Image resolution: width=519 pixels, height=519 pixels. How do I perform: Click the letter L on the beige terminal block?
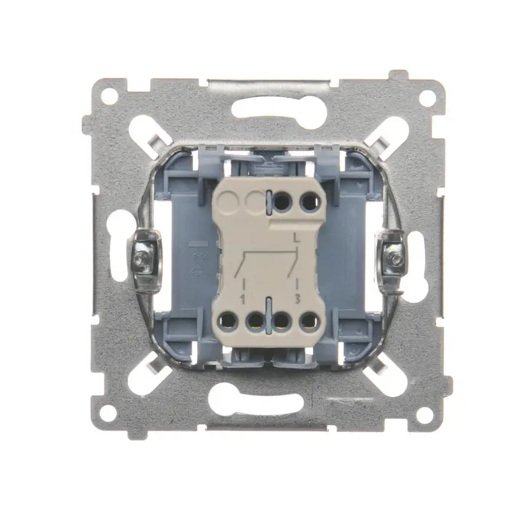(297, 239)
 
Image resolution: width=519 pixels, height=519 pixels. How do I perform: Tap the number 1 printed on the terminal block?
(243, 300)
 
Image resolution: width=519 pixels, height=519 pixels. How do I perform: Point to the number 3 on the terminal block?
(297, 299)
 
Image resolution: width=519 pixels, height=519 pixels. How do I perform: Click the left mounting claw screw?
(143, 256)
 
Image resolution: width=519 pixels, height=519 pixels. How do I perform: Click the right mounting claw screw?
(395, 257)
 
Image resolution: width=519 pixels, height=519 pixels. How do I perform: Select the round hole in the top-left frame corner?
(109, 96)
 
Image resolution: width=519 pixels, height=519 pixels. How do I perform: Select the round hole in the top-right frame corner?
(427, 98)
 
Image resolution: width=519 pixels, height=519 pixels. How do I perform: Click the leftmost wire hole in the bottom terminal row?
(227, 321)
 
